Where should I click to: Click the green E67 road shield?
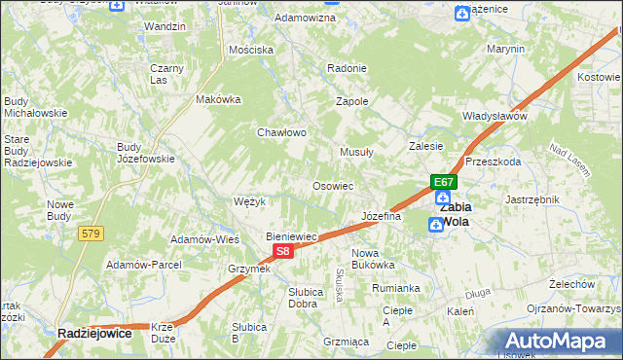tap(444, 182)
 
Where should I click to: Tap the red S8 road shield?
tap(281, 251)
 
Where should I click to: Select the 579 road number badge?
tap(92, 234)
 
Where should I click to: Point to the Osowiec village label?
tap(332, 185)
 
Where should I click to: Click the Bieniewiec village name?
tap(294, 236)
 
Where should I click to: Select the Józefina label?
tap(381, 216)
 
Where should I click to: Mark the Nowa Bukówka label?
tap(372, 258)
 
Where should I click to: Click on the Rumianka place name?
tap(395, 288)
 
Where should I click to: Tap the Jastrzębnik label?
tap(532, 198)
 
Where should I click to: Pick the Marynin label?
tap(505, 49)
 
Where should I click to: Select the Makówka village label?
tap(218, 99)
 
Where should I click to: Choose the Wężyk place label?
tap(250, 201)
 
